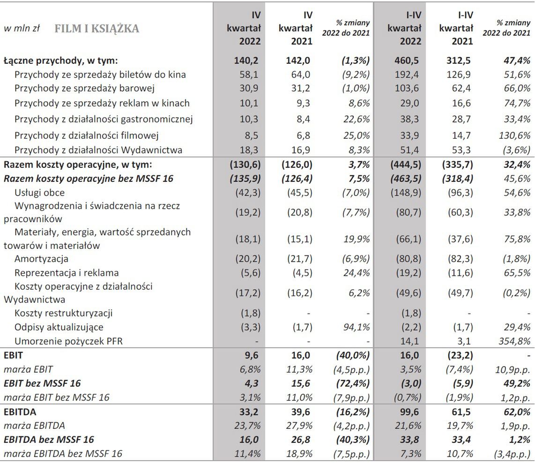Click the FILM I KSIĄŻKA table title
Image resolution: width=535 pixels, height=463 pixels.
[97, 29]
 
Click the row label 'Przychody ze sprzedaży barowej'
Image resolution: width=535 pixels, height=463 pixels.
[85, 89]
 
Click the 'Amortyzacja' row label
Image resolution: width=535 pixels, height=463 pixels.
[42, 259]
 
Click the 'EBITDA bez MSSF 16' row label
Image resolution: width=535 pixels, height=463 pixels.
[49, 440]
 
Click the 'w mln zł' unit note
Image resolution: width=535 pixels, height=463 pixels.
[22, 28]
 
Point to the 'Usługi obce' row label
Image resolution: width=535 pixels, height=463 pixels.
[40, 193]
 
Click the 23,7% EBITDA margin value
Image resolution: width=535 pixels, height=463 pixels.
[249, 426]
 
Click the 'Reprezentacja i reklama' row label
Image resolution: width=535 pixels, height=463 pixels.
[67, 273]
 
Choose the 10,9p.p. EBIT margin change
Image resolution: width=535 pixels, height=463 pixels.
[512, 369]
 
